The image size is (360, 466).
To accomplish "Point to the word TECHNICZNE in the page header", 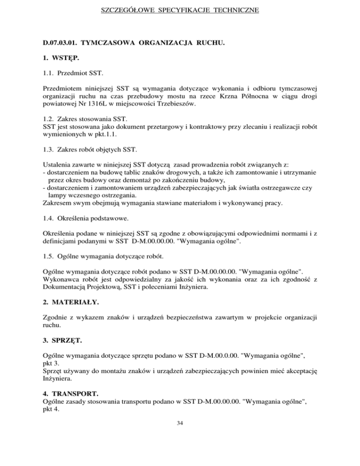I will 237,8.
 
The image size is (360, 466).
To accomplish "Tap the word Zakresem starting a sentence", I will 57,203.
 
